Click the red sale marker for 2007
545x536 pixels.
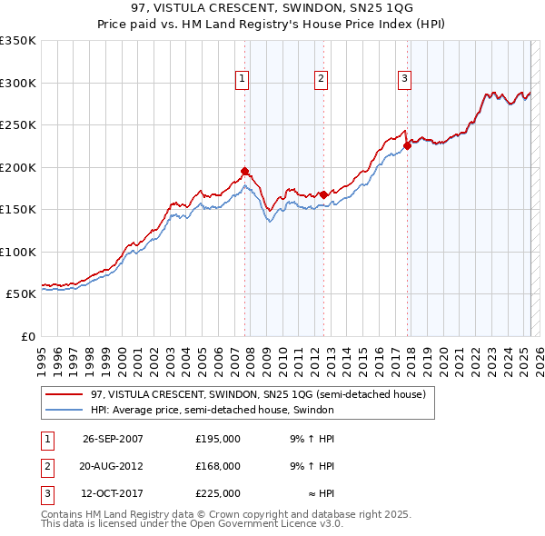244,171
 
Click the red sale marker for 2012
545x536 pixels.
323,194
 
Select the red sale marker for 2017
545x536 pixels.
407,145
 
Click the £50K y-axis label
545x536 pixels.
20,294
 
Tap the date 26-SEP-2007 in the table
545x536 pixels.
113,439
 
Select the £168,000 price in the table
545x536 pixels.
218,466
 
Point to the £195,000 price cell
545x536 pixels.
218,439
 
